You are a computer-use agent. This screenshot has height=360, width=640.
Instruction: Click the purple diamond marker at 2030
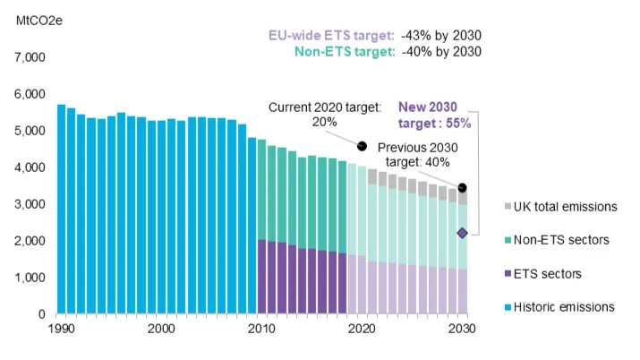coord(462,233)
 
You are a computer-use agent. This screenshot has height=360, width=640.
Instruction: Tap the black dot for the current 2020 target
coord(363,146)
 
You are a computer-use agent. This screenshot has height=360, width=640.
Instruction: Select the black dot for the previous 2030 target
coord(462,188)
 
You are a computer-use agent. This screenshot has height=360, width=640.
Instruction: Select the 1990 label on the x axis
coord(60,329)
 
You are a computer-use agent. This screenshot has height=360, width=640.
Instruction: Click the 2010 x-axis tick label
coord(261,329)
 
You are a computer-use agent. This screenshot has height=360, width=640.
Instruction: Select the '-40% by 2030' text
coord(441,52)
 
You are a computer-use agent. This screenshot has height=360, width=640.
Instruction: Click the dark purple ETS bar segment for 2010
coord(261,277)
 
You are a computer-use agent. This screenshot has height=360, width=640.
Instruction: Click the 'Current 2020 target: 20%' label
coord(319,115)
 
